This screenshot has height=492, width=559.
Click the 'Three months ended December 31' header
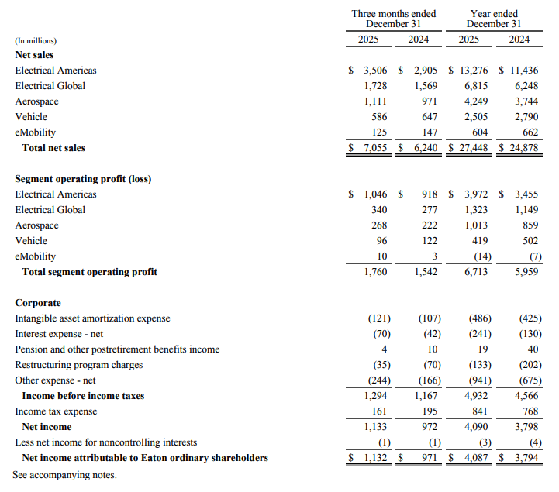pos(393,19)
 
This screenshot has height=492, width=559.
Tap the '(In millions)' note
pos(36,40)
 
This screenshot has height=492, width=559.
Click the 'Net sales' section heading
pos(34,55)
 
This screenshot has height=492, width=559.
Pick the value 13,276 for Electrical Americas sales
pos(471,71)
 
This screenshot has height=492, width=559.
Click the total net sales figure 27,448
pos(470,148)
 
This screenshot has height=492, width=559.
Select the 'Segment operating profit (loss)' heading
pos(83,179)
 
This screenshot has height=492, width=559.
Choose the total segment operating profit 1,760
pos(376,272)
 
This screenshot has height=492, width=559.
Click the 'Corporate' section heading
pos(38,303)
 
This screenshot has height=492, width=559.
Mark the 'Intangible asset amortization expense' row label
pos(92,318)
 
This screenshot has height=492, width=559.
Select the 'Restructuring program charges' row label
pos(79,365)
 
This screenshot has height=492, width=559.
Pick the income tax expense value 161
pos(379,411)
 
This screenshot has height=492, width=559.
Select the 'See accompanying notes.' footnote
pos(64,473)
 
